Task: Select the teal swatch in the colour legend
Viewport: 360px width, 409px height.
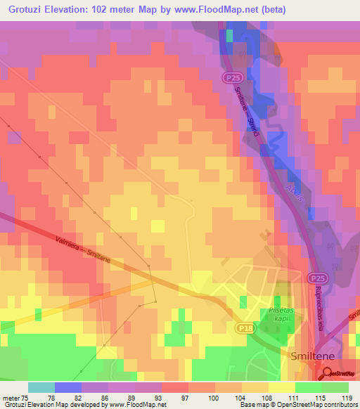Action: (41, 387)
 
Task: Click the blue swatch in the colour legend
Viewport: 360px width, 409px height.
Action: (67, 387)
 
